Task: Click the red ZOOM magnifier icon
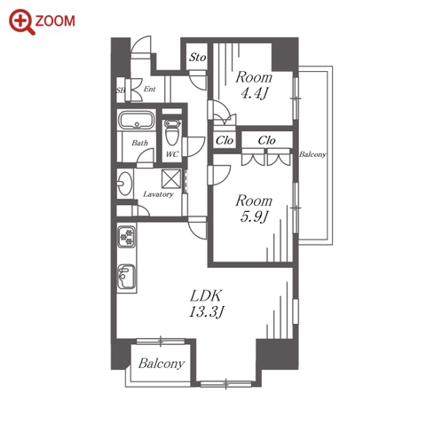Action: tap(21, 22)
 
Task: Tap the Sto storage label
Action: tap(197, 57)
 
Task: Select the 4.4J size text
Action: tap(254, 94)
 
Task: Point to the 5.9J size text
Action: tap(254, 217)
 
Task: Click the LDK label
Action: tap(206, 295)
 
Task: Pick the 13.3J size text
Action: tap(206, 311)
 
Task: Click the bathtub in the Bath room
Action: tap(137, 120)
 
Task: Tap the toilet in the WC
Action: tap(172, 132)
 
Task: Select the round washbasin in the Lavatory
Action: tap(124, 184)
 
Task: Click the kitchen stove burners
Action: tap(127, 237)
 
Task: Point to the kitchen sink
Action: tap(127, 277)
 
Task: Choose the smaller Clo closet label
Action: tap(225, 141)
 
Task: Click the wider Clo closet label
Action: tap(266, 140)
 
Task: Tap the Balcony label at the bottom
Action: tap(162, 364)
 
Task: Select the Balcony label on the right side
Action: tap(312, 154)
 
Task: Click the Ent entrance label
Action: tap(149, 89)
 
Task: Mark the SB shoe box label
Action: tap(121, 90)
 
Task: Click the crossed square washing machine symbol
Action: tap(171, 178)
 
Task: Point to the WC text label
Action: tap(172, 154)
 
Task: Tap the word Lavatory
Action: tap(158, 194)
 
